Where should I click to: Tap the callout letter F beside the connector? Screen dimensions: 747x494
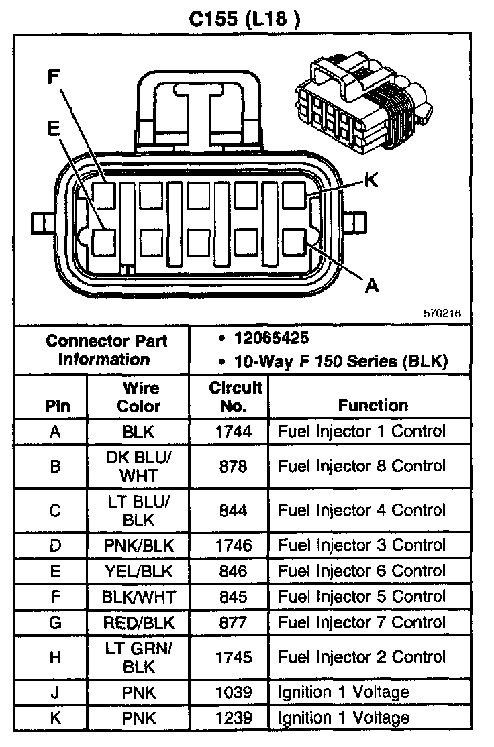tap(54, 76)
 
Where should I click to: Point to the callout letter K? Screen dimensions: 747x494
tap(370, 180)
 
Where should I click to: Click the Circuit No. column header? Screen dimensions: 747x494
tap(235, 396)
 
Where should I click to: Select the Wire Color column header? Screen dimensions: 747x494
tap(139, 396)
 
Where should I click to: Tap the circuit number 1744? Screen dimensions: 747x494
tap(233, 431)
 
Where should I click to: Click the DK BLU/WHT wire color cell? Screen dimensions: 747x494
tap(139, 466)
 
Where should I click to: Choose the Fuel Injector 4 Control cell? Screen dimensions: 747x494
tap(361, 510)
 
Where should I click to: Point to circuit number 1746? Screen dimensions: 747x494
tap(233, 545)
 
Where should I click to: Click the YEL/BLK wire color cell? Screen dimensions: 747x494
tap(139, 571)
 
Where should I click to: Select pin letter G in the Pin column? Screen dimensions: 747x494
tap(55, 622)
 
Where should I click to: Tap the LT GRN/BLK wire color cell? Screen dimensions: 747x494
tap(139, 657)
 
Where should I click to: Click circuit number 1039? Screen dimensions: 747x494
tap(233, 692)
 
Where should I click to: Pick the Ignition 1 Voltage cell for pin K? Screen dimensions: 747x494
tap(344, 718)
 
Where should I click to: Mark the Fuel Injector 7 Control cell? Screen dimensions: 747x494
tap(361, 622)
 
